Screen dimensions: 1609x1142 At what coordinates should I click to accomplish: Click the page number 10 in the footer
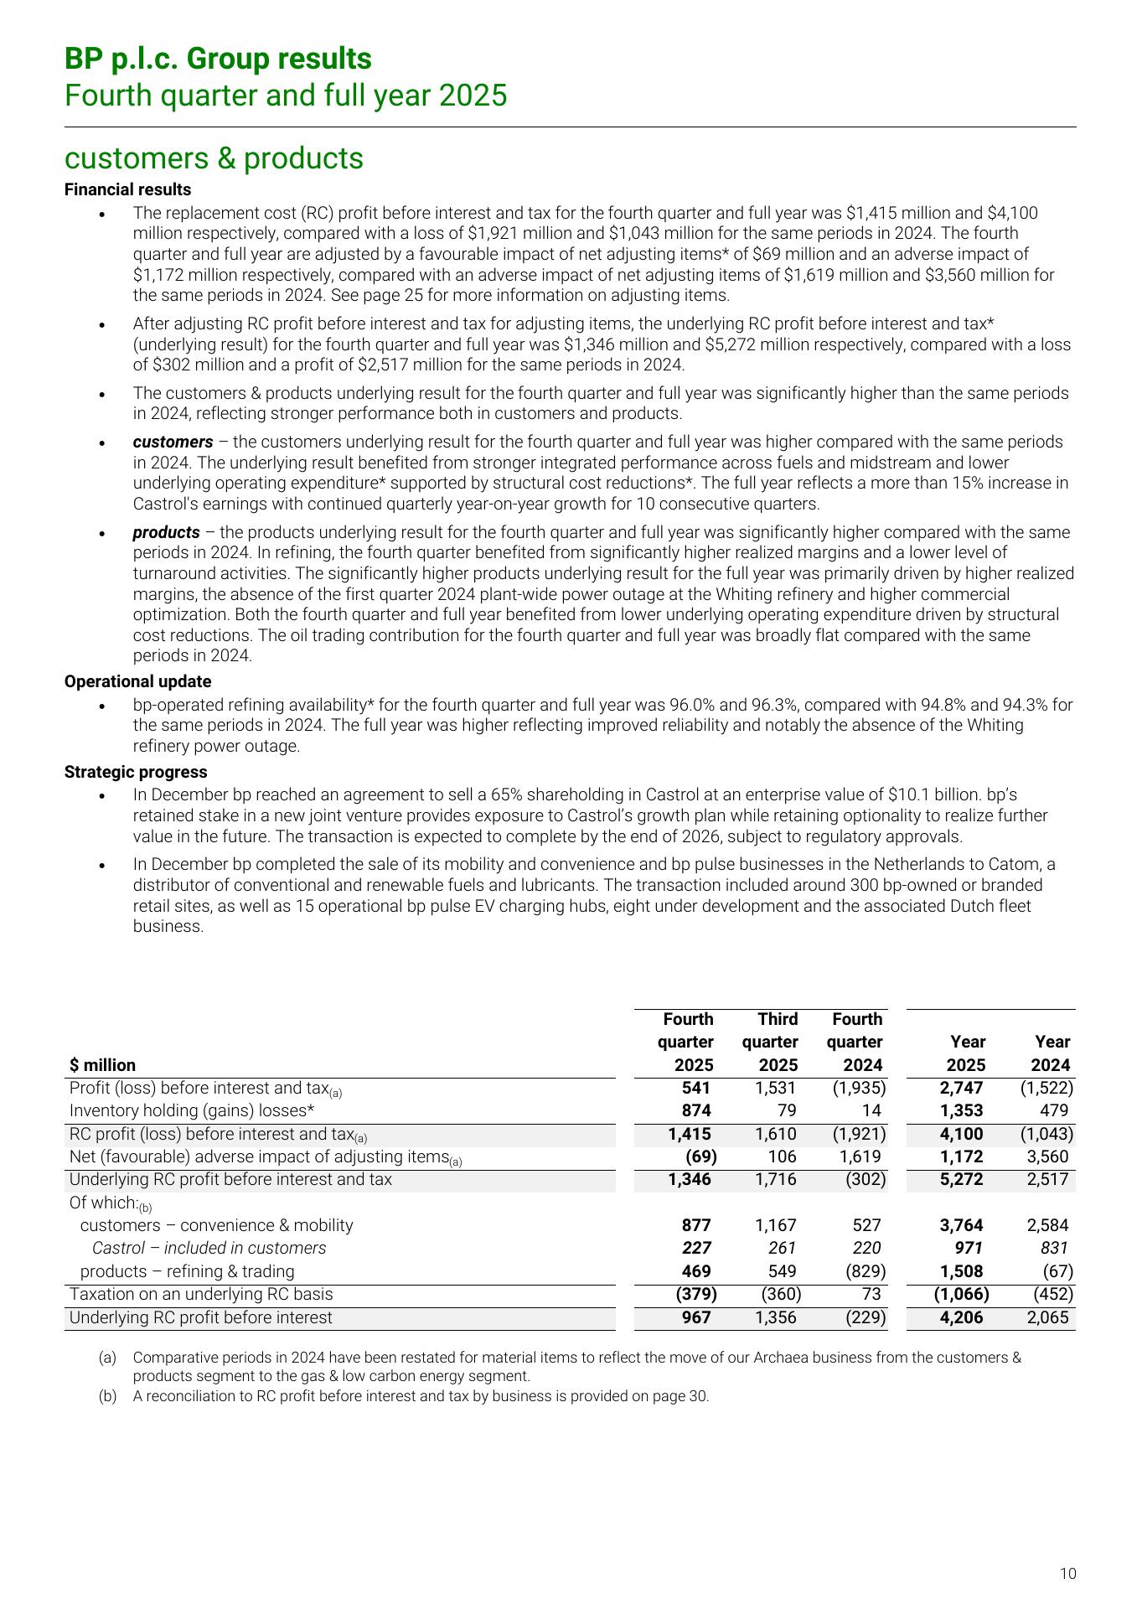1067,1574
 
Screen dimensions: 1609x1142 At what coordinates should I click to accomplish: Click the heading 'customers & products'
214,158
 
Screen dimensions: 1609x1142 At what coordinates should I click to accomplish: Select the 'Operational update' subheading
137,681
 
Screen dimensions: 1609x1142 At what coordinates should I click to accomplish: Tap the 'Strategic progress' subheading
136,772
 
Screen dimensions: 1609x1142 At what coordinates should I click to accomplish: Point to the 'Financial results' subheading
127,189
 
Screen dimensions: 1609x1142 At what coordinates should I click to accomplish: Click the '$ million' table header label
102,1065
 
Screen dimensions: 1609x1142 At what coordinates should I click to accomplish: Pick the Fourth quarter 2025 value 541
696,1088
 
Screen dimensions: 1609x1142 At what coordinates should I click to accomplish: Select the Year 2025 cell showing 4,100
963,1134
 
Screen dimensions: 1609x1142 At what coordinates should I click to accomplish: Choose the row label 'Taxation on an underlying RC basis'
201,1294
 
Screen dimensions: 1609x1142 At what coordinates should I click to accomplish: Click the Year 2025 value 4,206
963,1317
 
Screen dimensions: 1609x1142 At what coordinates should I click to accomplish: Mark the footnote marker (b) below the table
107,1396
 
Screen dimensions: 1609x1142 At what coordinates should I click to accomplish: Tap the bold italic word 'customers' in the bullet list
173,442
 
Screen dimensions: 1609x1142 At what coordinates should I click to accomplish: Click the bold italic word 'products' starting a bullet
166,532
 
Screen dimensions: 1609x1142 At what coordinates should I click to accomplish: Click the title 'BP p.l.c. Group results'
218,59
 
